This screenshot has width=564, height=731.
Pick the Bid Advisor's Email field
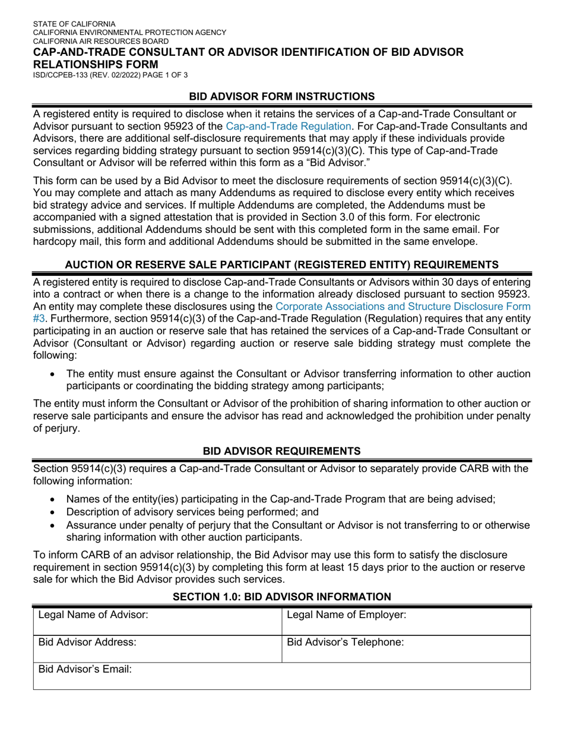click(281, 676)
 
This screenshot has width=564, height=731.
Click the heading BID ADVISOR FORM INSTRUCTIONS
click(281, 96)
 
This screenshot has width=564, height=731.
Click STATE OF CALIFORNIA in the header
click(74, 24)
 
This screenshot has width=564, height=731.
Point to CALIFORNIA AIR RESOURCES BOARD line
click(100, 41)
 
